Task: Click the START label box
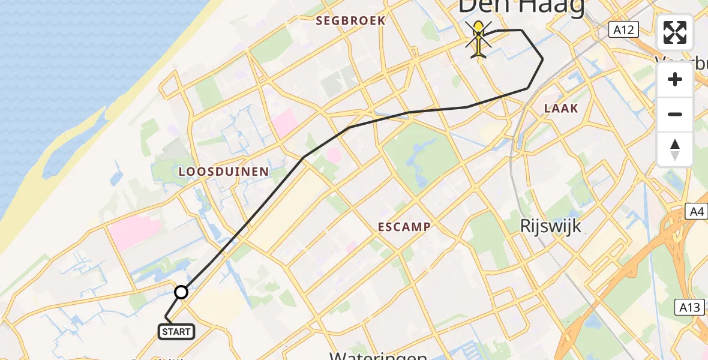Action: coord(176,332)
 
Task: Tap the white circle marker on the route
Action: coord(181,292)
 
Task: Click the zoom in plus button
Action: coord(675,79)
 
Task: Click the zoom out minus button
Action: coord(675,114)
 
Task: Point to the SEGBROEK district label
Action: coord(351,21)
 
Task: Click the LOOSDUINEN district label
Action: coord(224,172)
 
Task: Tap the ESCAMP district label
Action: coord(404,227)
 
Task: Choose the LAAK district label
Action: coord(561,109)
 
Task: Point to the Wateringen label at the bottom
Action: coord(378,355)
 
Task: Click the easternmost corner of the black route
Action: coord(543,59)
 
